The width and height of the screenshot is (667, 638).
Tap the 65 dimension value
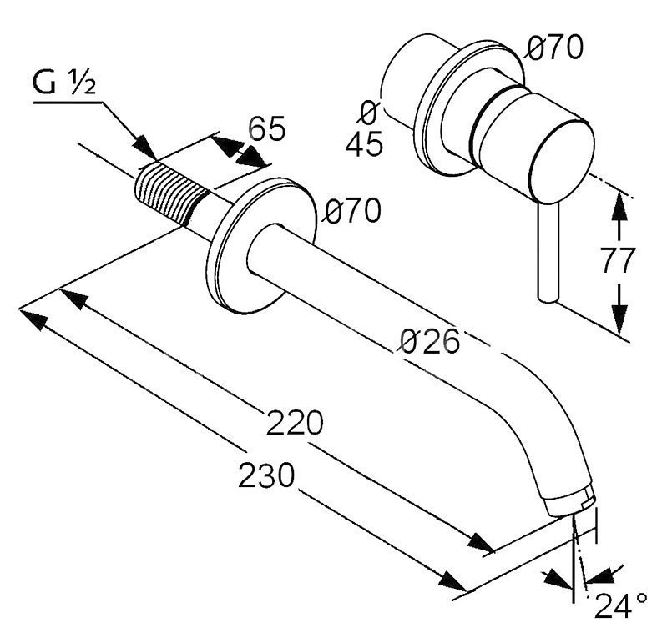click(266, 128)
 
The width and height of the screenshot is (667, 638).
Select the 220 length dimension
click(295, 423)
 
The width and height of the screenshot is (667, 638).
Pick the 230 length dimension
click(266, 475)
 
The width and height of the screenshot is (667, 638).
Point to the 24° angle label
click(620, 605)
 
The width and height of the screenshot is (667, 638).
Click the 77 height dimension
click(618, 260)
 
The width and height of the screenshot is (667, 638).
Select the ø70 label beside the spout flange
click(351, 210)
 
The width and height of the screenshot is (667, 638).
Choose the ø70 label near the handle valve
click(553, 48)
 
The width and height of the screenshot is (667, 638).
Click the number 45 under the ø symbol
click(364, 143)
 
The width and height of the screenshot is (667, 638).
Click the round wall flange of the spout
click(261, 246)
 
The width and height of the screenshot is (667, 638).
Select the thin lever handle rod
click(548, 252)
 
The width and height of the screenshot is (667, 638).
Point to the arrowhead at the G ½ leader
click(144, 148)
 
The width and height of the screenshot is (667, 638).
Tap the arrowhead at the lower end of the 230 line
click(453, 581)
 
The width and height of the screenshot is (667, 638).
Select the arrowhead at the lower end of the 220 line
click(482, 543)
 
